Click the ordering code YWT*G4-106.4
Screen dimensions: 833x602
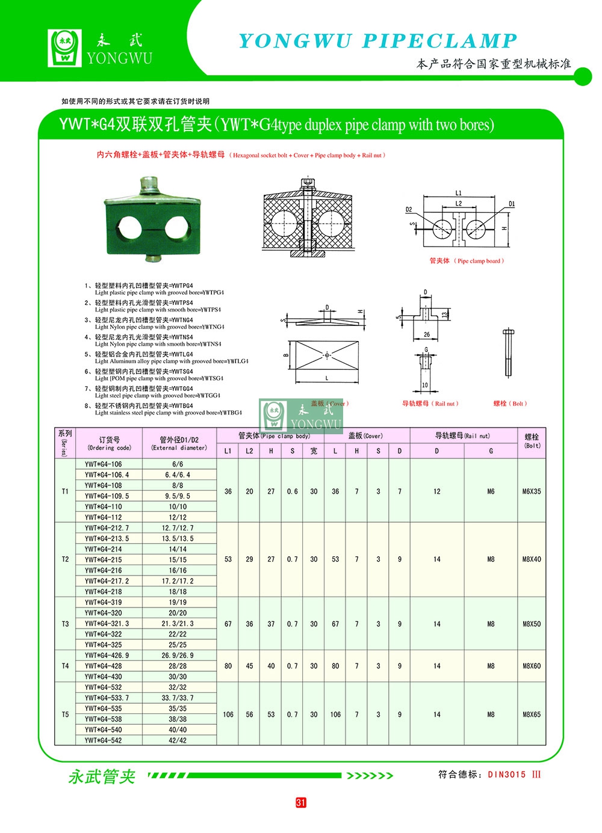[107, 475]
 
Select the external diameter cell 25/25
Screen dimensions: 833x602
[178, 645]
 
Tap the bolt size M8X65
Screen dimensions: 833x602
[532, 715]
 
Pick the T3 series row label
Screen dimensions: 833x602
[65, 624]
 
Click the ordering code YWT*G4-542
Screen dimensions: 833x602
[103, 740]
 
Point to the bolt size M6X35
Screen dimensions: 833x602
[532, 491]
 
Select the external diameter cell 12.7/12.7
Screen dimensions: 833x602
[178, 528]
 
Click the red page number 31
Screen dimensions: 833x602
[301, 802]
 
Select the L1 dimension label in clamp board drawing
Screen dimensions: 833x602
[458, 193]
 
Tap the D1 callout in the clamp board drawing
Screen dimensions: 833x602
[512, 204]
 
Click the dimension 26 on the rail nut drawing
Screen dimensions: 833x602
[426, 335]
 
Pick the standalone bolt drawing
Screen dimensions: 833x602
[507, 353]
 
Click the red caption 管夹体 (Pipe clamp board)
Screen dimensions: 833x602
[467, 261]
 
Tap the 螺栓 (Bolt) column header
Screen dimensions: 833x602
[532, 441]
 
